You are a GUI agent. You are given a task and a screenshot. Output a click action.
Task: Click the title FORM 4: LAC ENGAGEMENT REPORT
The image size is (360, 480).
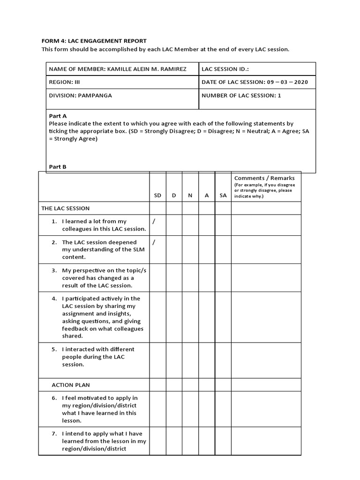tap(94, 41)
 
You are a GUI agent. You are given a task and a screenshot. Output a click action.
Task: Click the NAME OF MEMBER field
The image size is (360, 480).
tap(118, 69)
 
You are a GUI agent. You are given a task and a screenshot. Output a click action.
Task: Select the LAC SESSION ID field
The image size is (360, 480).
tap(225, 69)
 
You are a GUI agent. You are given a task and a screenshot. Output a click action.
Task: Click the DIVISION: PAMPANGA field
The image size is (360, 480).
tap(80, 95)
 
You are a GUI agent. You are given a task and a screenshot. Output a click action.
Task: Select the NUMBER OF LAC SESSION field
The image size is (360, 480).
tap(241, 95)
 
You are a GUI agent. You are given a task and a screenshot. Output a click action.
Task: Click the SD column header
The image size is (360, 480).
tap(157, 195)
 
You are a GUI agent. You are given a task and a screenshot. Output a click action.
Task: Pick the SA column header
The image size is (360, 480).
tap(223, 195)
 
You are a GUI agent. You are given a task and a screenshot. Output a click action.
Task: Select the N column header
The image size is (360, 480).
tap(190, 195)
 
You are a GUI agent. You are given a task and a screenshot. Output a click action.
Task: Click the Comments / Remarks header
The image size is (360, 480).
tap(264, 178)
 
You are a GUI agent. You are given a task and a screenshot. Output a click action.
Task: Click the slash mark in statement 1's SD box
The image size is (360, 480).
tap(154, 221)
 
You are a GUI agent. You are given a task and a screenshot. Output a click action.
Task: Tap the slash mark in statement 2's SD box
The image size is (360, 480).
tap(154, 242)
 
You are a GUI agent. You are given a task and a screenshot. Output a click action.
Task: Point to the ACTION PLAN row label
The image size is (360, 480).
tap(70, 385)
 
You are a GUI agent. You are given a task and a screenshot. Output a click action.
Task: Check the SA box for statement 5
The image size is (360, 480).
tap(223, 360)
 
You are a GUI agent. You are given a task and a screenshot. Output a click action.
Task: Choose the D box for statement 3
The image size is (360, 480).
tap(174, 277)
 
